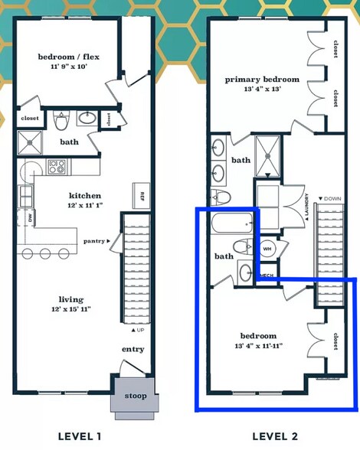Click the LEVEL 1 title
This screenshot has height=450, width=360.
point(80,436)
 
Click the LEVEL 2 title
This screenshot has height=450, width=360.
point(275,436)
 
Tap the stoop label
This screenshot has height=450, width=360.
point(136,396)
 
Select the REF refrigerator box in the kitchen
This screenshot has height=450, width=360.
point(141,195)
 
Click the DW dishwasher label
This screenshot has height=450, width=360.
point(30,218)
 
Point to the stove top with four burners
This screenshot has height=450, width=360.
point(57,167)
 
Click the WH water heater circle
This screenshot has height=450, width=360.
point(267,249)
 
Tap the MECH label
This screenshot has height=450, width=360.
point(267,276)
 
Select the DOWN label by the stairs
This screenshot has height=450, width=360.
point(330,199)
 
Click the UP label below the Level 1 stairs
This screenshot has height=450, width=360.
point(138,330)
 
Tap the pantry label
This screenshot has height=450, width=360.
point(94,241)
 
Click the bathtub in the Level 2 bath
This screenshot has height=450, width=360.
point(232,223)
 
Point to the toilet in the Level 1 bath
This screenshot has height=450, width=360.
point(61,121)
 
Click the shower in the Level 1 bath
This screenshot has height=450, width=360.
point(30,142)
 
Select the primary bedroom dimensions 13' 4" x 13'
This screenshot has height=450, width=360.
point(262,89)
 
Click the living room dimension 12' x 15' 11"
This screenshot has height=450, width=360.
point(71,309)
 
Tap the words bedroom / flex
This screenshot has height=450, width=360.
point(69,57)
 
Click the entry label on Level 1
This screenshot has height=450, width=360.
point(133,349)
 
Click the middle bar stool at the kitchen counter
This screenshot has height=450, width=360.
point(45,253)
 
